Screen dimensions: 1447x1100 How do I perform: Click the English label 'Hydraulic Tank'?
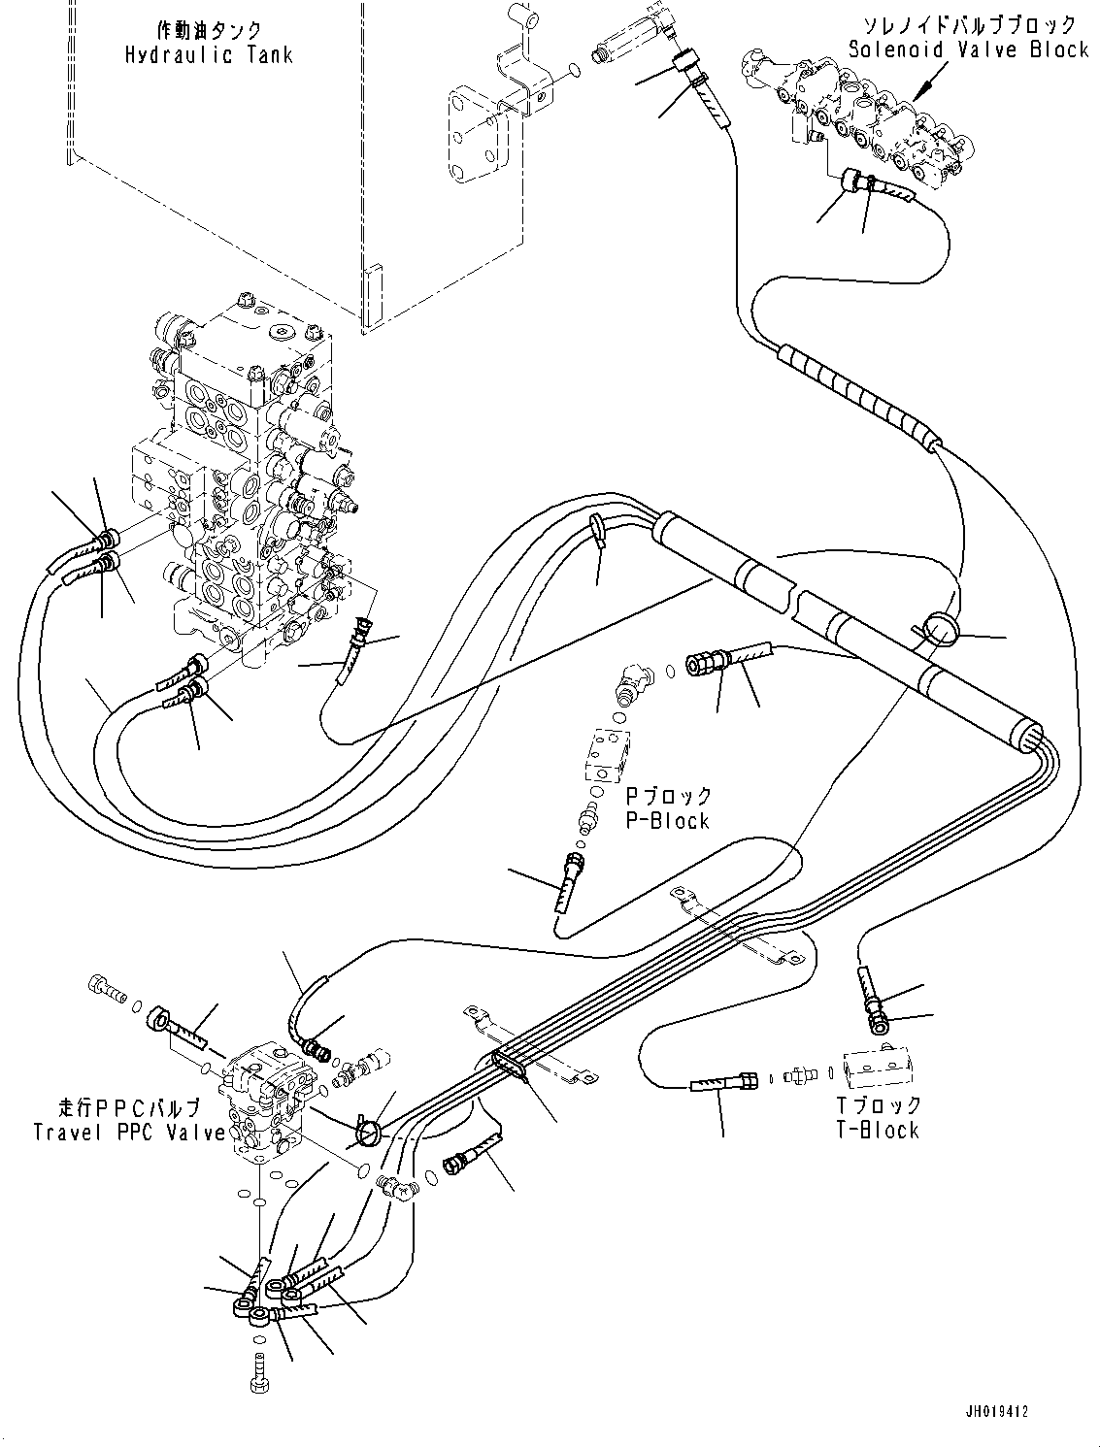pos(208,54)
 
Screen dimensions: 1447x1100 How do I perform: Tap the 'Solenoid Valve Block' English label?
pos(968,49)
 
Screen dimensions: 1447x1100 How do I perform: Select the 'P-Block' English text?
pos(667,820)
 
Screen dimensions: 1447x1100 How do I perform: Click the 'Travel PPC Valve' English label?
pos(129,1132)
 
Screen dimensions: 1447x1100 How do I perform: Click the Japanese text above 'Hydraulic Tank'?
pos(208,30)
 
